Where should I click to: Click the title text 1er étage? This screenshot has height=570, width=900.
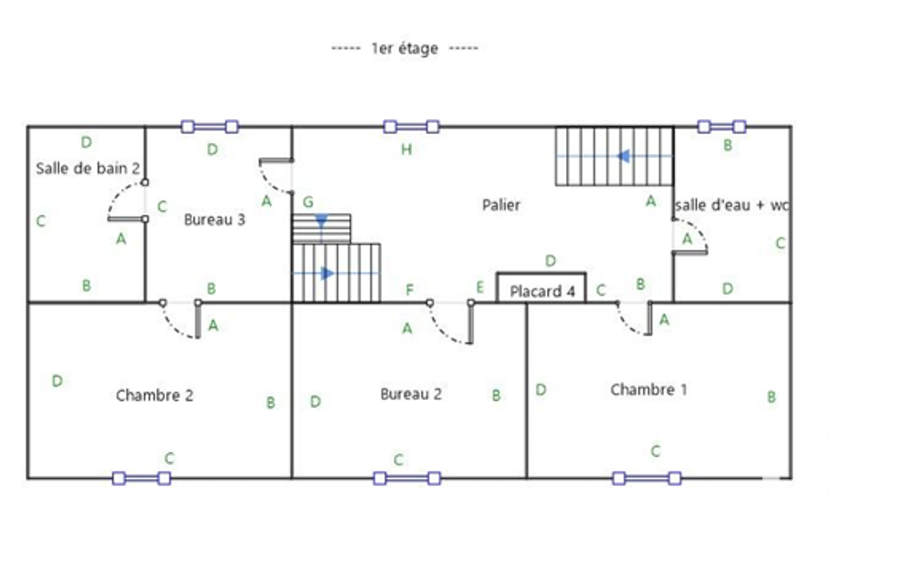tap(405, 48)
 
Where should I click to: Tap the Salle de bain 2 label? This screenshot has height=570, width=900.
tap(88, 168)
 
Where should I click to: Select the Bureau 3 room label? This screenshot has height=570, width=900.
tap(214, 219)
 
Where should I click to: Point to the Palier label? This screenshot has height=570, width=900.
tap(501, 204)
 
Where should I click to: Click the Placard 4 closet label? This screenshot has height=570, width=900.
tap(543, 291)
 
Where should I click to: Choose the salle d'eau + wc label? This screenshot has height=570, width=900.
tap(732, 204)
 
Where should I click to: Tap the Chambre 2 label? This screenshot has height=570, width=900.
tap(155, 395)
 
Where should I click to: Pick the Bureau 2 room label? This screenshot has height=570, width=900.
tap(411, 394)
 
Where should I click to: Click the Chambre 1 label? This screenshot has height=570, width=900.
tap(649, 389)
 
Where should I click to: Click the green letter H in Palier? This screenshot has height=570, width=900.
tap(407, 150)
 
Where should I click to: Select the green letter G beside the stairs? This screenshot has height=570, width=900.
tap(308, 202)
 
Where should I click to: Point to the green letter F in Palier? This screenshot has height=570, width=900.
tap(409, 289)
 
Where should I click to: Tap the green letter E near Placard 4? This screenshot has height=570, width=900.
tap(479, 287)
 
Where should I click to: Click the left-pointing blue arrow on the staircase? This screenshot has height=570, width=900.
tap(623, 156)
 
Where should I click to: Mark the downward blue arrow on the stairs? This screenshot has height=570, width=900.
tap(321, 221)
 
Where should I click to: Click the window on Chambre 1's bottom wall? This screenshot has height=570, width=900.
tap(647, 478)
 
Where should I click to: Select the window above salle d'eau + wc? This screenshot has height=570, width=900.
tap(722, 127)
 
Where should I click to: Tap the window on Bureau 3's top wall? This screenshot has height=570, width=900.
tap(210, 127)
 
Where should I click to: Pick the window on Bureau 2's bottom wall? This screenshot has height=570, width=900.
tap(407, 478)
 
